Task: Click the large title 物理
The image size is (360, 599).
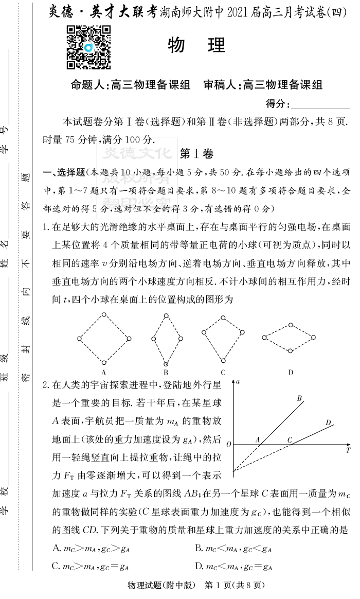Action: (196, 45)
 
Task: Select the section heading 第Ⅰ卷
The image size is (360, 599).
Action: (196, 153)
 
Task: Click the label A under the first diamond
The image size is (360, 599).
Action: (103, 372)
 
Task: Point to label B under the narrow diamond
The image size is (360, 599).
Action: (166, 372)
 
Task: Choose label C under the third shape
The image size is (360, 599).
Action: (223, 372)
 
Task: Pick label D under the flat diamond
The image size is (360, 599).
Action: (291, 372)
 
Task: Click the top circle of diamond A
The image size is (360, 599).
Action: (104, 314)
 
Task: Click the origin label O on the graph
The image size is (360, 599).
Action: (229, 444)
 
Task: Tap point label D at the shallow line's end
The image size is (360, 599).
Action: (328, 422)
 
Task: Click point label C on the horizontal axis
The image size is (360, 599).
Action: (290, 439)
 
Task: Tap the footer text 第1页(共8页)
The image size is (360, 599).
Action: (234, 585)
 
